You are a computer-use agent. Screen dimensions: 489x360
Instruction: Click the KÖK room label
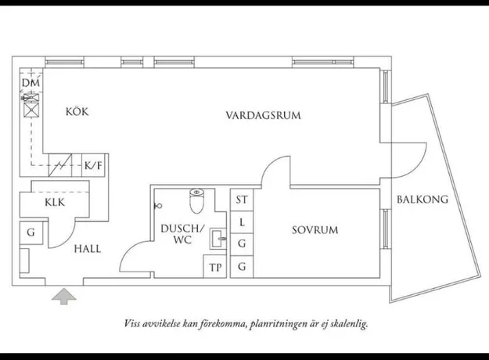[77, 111]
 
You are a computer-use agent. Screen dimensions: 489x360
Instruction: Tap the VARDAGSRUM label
[263, 115]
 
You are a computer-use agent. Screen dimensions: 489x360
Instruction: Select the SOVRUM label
[315, 230]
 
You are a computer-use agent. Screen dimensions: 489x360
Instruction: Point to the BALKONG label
[422, 200]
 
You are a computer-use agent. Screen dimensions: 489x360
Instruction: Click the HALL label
[88, 249]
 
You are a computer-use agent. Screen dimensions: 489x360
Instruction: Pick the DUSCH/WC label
[182, 234]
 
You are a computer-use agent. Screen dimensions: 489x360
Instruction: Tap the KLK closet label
[55, 203]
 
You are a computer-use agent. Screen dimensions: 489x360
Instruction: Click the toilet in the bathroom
[196, 200]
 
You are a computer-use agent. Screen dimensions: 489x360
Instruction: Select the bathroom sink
[218, 239]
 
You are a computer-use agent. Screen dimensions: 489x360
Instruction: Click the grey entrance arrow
[64, 297]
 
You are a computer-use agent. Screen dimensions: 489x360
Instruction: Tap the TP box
[215, 267]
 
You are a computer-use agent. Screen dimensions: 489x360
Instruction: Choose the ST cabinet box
[242, 200]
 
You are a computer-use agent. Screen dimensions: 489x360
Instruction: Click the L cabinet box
[242, 222]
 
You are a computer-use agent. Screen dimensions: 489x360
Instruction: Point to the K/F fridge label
[93, 165]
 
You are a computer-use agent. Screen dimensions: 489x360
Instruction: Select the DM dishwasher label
[31, 83]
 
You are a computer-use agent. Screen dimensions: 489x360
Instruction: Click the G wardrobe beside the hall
[31, 232]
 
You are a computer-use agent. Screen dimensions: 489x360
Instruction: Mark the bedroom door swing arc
[270, 164]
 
